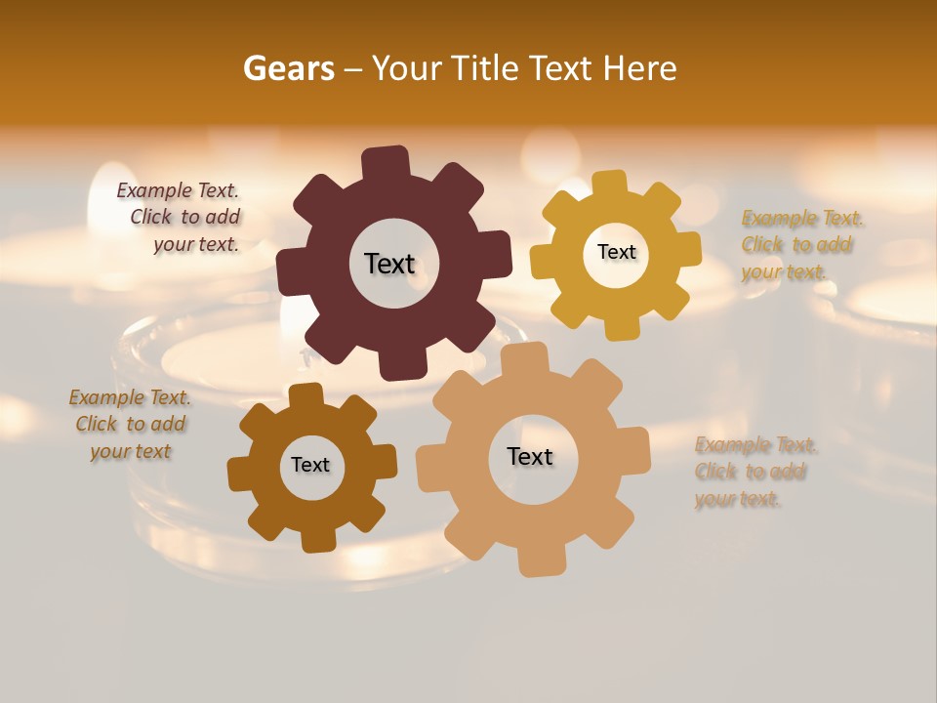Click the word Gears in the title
pyautogui.click(x=288, y=68)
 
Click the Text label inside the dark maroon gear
pyautogui.click(x=389, y=264)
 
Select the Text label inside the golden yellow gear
pyautogui.click(x=616, y=252)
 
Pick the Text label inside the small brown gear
pyautogui.click(x=310, y=465)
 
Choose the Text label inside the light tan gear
pyautogui.click(x=530, y=456)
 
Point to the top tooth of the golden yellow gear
pyautogui.click(x=610, y=183)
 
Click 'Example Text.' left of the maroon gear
pyautogui.click(x=178, y=190)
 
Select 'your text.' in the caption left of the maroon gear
pyautogui.click(x=195, y=244)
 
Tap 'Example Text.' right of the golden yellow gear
pyautogui.click(x=802, y=218)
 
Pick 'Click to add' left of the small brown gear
pyautogui.click(x=131, y=424)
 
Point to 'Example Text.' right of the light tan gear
pyautogui.click(x=756, y=445)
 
